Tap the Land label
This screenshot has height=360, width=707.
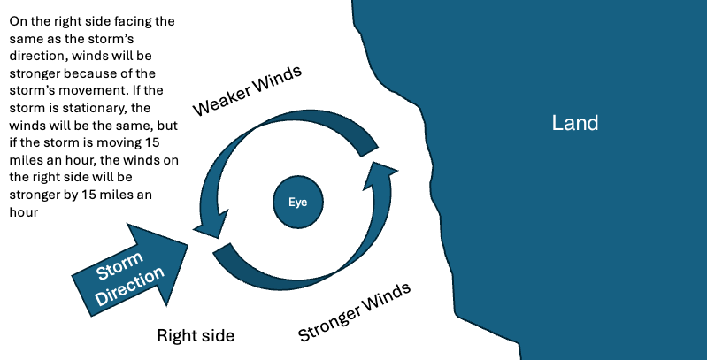pos(575,123)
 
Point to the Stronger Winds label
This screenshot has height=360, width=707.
pos(354,312)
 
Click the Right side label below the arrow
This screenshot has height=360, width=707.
pos(196,335)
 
